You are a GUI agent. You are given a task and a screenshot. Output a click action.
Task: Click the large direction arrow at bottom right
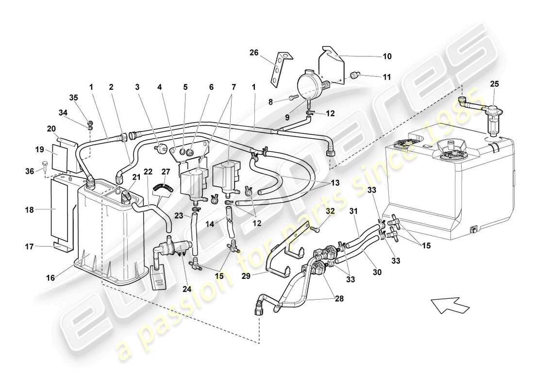pos(450,307)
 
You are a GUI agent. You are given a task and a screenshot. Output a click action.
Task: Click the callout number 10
pos(386,56)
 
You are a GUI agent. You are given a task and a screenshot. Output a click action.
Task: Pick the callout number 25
pos(494,84)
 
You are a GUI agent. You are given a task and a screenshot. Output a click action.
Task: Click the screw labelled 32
pos(315,227)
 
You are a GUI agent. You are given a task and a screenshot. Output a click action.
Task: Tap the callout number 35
pos(73,97)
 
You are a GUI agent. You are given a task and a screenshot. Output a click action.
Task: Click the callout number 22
pos(148,171)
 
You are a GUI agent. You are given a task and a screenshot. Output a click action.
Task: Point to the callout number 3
pos(137,87)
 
